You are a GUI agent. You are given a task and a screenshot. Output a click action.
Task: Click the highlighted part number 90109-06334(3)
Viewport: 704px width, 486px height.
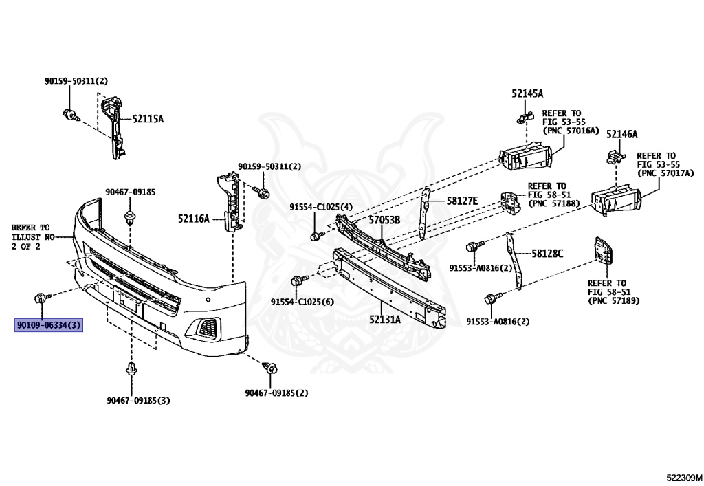[x=49, y=324]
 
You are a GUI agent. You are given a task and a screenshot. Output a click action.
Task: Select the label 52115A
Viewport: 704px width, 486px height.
[x=148, y=119]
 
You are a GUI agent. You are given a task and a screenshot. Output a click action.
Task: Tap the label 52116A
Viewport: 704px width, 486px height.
[x=193, y=219]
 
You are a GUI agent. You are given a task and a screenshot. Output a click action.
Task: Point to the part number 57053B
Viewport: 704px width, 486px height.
[x=384, y=221]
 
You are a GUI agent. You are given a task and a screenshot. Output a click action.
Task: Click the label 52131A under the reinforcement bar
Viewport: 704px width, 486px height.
[x=384, y=319]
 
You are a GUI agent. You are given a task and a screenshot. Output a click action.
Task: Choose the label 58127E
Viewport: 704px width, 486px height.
[x=461, y=201]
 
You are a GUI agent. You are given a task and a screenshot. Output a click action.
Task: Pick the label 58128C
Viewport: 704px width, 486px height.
[x=547, y=253]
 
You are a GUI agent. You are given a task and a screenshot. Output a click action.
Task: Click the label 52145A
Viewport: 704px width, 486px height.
[x=527, y=93]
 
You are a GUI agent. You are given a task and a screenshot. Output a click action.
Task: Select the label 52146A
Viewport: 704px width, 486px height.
[x=621, y=134]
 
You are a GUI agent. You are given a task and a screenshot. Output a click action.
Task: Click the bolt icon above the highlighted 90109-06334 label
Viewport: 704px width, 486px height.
[x=41, y=298]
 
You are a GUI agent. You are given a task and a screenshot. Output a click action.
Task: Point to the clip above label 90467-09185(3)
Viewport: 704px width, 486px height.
[x=131, y=370]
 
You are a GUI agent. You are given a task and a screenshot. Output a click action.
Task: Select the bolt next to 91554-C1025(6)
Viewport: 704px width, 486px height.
[x=298, y=280]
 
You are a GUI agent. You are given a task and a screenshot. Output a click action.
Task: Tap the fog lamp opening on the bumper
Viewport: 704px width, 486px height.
[x=206, y=329]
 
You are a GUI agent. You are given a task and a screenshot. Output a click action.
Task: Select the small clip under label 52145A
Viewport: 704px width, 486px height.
[x=522, y=118]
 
